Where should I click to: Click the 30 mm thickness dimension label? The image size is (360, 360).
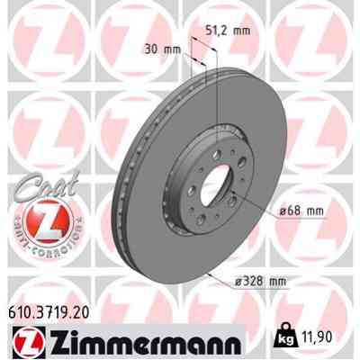pos(159,49)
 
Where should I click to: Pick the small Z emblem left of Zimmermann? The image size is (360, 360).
pos(27,343)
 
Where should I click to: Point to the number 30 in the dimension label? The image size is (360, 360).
pos(150,49)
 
